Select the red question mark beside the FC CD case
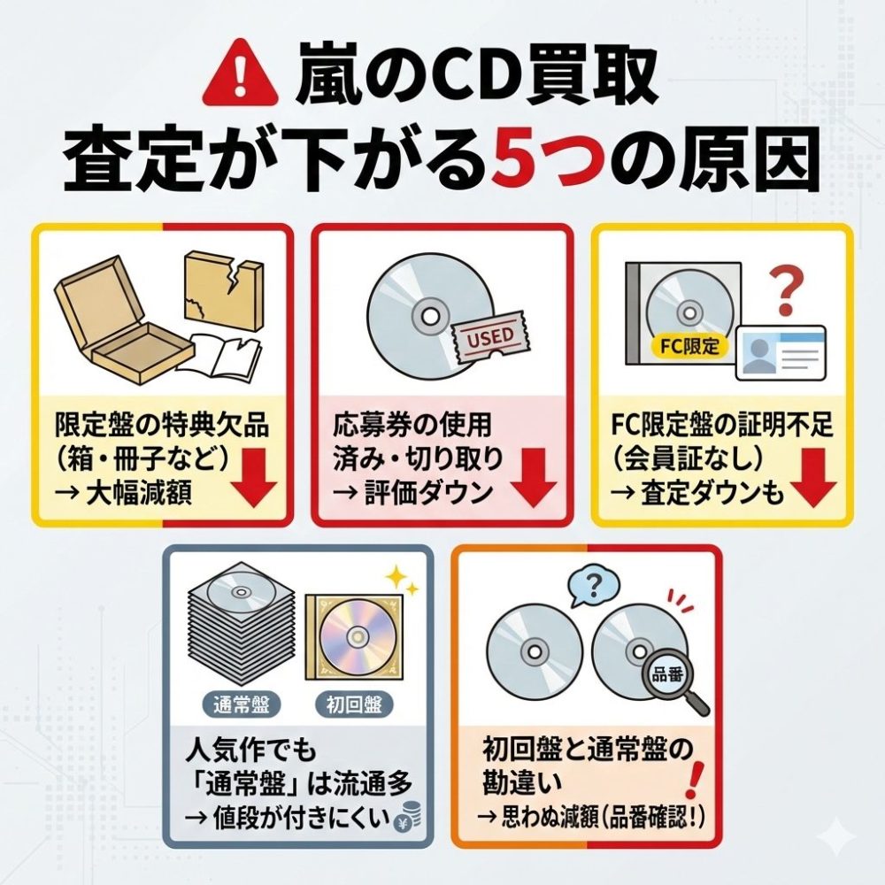point(785,291)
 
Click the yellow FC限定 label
point(689,345)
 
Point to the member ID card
point(781,352)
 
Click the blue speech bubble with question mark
point(593,588)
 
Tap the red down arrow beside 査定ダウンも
point(812,478)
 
